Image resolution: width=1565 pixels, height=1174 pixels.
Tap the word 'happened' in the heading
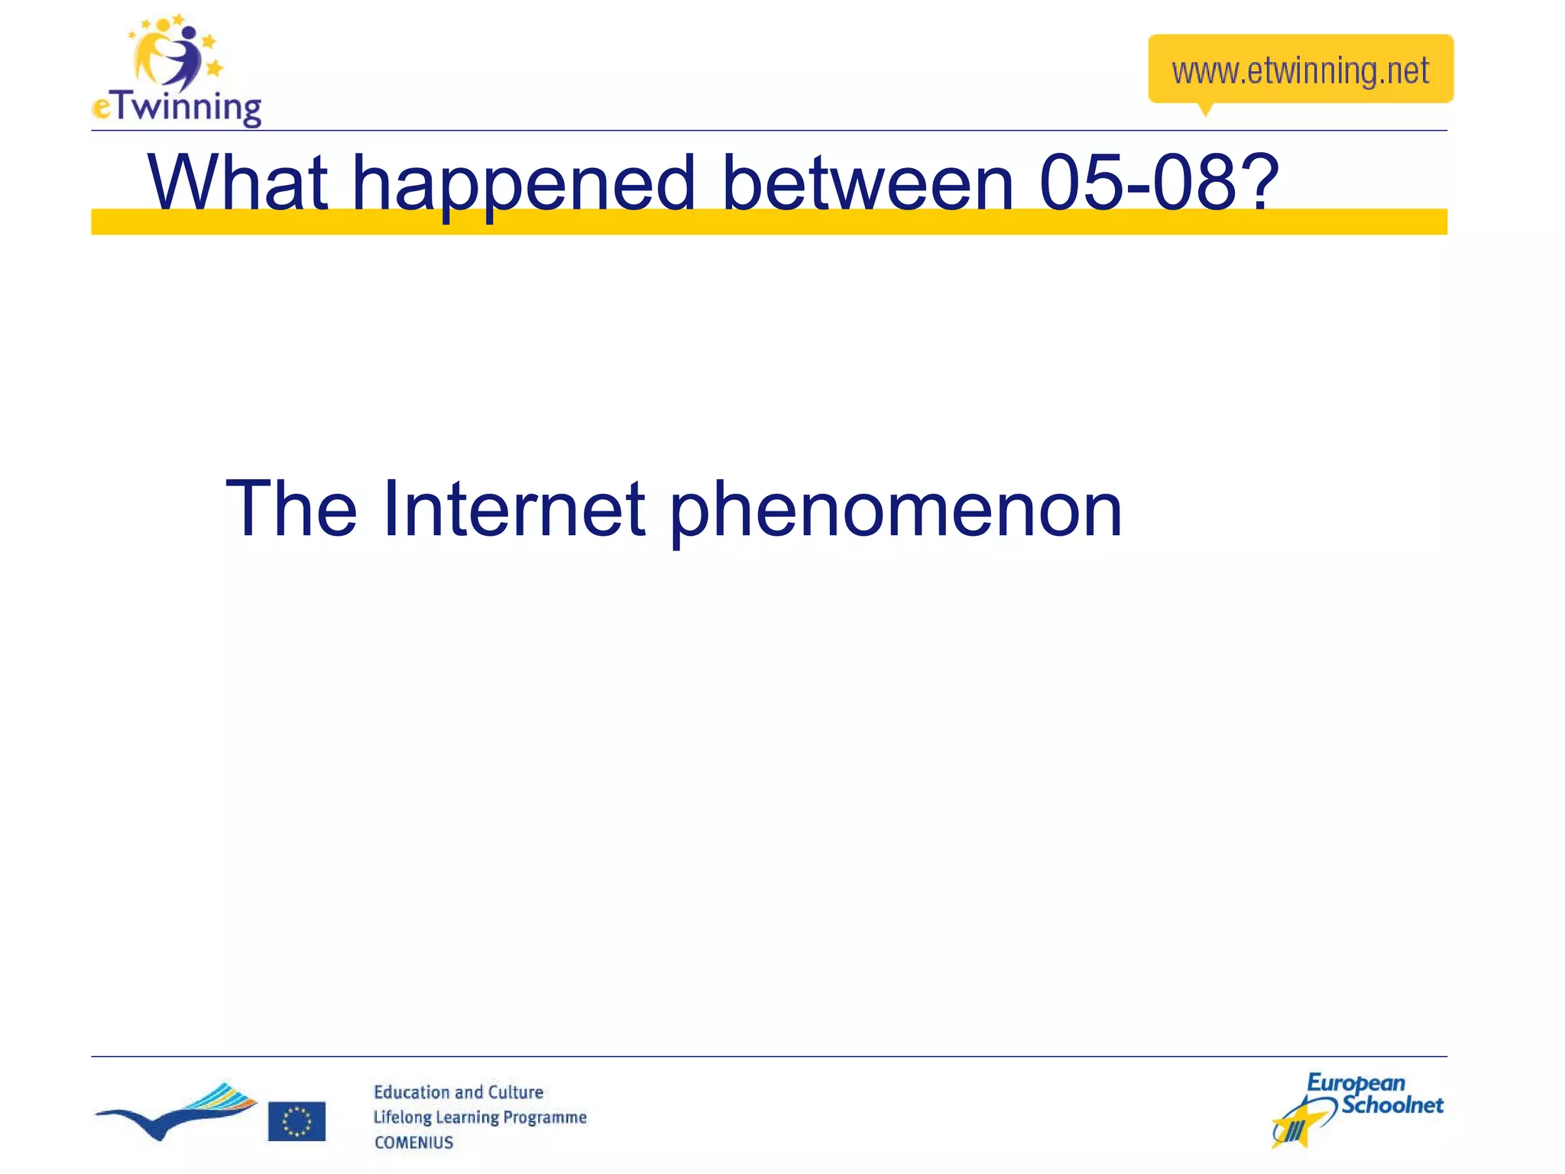click(x=523, y=183)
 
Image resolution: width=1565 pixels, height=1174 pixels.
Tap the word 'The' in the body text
click(x=291, y=508)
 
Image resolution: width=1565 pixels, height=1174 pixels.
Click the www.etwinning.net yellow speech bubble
click(x=1300, y=69)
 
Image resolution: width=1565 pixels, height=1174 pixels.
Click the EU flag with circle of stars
click(x=296, y=1120)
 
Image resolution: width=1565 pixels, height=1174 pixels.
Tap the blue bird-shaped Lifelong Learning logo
click(x=176, y=1112)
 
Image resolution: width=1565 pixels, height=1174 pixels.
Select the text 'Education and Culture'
click(x=458, y=1092)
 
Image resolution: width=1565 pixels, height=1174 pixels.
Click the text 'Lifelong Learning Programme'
click(x=479, y=1117)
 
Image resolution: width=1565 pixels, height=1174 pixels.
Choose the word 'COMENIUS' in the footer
click(x=413, y=1142)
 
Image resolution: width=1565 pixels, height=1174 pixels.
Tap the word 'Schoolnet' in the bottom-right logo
click(x=1392, y=1105)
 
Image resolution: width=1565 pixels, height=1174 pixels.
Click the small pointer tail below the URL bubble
click(x=1206, y=109)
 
